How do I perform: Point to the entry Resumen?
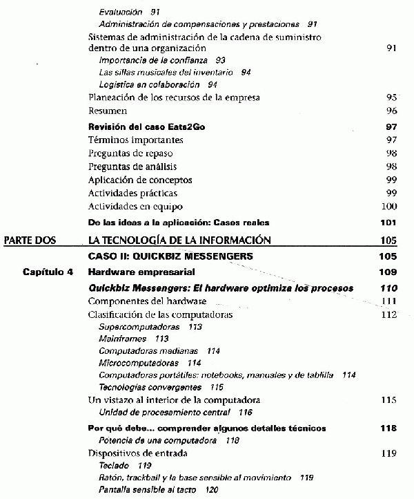click(108, 111)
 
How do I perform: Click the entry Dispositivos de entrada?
click(138, 453)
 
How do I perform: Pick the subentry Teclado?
click(116, 466)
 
